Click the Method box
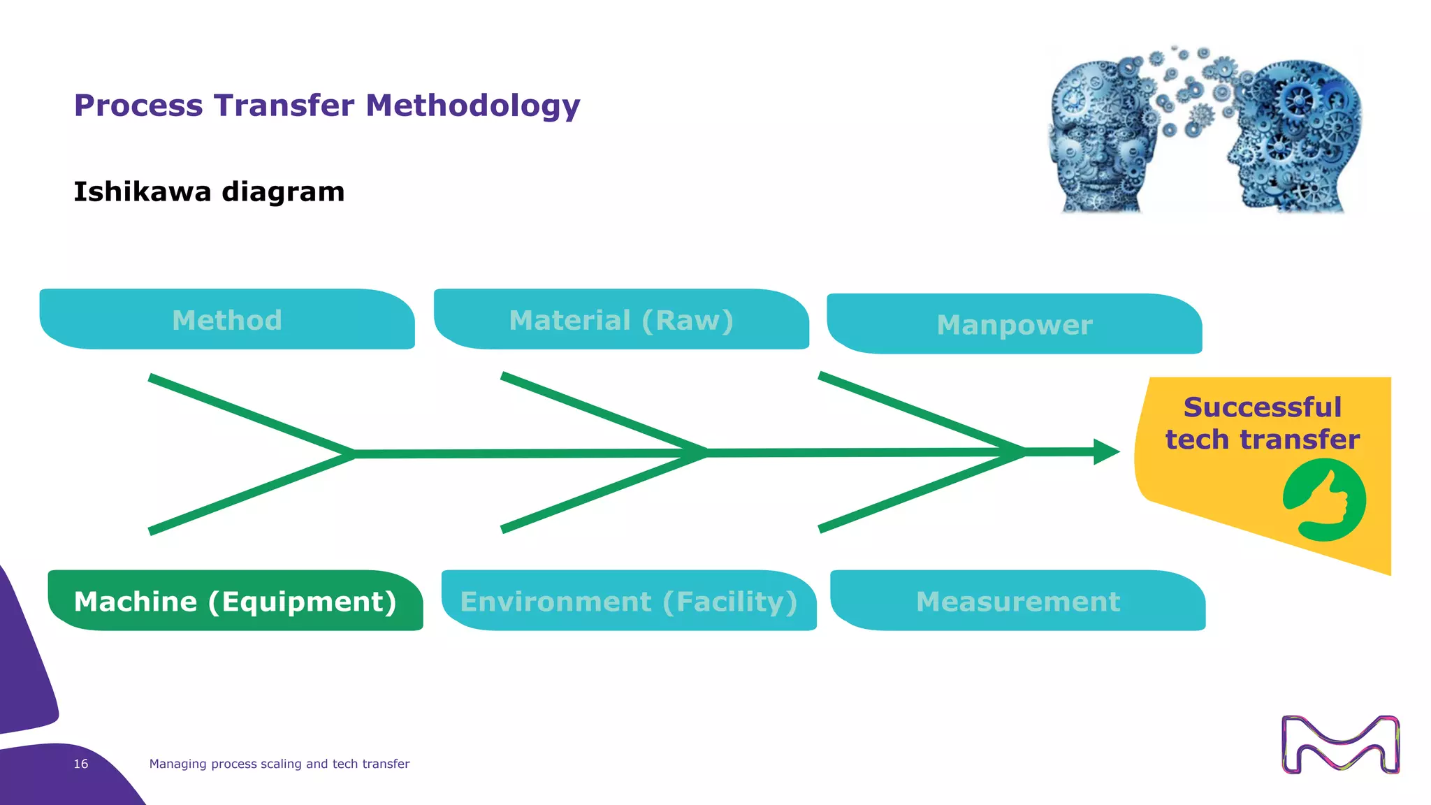(x=227, y=320)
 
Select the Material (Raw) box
(x=621, y=320)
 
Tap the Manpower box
(x=1014, y=324)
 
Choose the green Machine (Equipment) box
(x=235, y=601)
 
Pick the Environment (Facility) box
(x=629, y=601)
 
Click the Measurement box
(x=1018, y=601)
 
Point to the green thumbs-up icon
(x=1324, y=500)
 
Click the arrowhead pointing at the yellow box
(x=1106, y=452)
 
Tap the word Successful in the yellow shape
(x=1262, y=407)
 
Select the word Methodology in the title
(x=473, y=106)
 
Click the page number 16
(x=81, y=764)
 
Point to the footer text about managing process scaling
(x=279, y=764)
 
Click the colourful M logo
(x=1340, y=744)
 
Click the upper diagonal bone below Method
(x=252, y=415)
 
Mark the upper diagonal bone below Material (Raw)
(x=604, y=412)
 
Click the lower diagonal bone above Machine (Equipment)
(x=252, y=493)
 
